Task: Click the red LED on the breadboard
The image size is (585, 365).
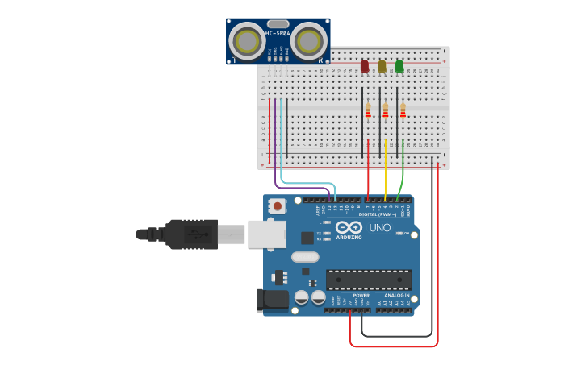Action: (x=365, y=65)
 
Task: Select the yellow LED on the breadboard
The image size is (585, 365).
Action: (x=382, y=65)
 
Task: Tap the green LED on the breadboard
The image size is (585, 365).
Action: (x=399, y=65)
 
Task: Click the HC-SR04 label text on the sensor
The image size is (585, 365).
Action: (x=278, y=33)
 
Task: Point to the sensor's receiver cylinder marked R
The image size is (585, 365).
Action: (x=308, y=40)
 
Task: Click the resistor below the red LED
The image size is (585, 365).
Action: (x=368, y=111)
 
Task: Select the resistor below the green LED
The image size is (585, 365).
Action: (x=403, y=111)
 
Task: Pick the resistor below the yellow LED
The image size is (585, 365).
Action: (x=386, y=111)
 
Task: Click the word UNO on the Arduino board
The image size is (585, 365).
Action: (x=379, y=228)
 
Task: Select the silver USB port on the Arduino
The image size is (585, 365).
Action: (x=267, y=234)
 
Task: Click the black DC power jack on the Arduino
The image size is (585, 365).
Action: (x=271, y=300)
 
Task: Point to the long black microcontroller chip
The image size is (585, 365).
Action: (x=369, y=280)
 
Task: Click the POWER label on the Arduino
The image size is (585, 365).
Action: (x=361, y=295)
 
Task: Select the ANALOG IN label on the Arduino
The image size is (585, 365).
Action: (x=395, y=295)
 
